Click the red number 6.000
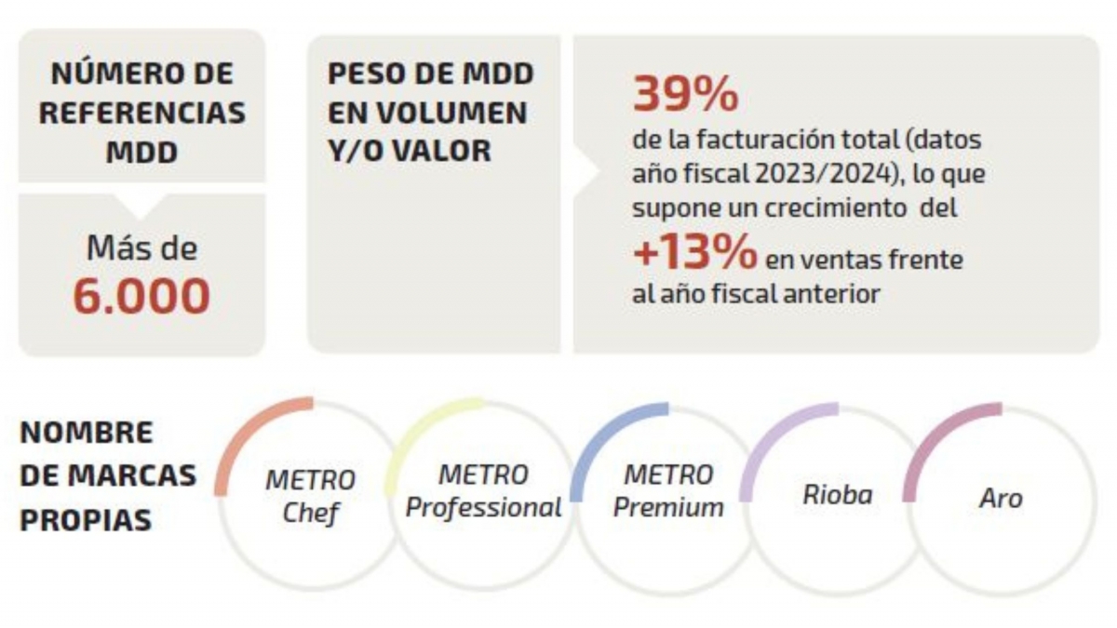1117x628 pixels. (141, 295)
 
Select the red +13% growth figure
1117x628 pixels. (694, 255)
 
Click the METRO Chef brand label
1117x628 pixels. (310, 496)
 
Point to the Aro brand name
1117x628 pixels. (1001, 498)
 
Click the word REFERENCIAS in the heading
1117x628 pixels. (142, 113)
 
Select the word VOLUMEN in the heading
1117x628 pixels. (427, 113)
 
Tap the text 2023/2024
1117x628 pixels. (842, 174)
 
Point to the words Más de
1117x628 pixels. (141, 248)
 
